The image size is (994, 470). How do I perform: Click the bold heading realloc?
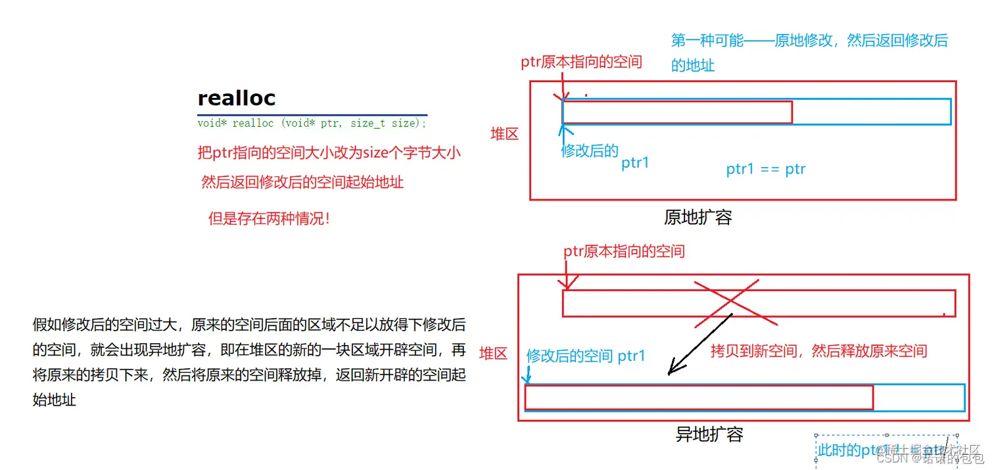pos(237,99)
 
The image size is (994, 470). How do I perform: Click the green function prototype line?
pos(312,124)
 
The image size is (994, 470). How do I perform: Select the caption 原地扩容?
pos(698,218)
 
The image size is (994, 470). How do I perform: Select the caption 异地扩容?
pos(709,435)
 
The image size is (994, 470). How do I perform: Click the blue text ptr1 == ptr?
pos(766,170)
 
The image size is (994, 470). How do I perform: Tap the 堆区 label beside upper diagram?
pos(505,135)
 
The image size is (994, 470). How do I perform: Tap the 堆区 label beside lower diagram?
pos(494,354)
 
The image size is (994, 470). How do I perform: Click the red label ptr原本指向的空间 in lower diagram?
pos(624,251)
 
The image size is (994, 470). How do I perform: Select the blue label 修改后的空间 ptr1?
pos(586,356)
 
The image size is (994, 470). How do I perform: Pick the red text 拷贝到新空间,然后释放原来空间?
pos(818,351)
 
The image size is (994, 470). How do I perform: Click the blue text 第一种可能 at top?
pos(707,41)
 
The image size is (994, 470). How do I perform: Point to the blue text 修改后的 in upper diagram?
pos(589,151)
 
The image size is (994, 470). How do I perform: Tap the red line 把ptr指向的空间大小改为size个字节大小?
pos(329,153)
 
